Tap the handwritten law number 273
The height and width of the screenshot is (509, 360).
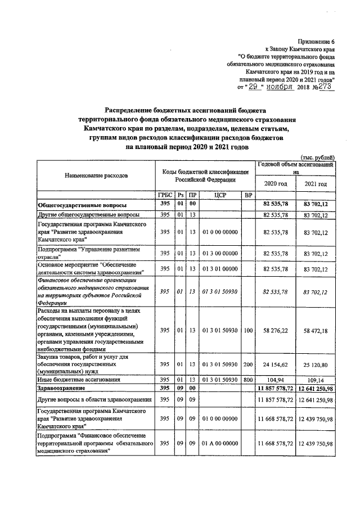pyautogui.click(x=322, y=87)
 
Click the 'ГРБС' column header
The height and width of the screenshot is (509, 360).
pyautogui.click(x=165, y=195)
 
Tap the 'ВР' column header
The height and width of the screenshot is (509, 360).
pyautogui.click(x=247, y=195)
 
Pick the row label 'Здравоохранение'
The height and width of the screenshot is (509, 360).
pyautogui.click(x=61, y=388)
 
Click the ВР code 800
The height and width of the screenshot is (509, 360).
pyautogui.click(x=247, y=380)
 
